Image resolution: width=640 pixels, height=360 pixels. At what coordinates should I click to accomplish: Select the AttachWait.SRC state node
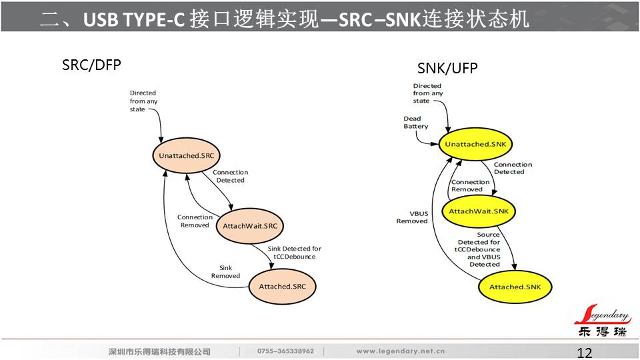249,225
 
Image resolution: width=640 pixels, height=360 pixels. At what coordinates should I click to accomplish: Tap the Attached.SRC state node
282,287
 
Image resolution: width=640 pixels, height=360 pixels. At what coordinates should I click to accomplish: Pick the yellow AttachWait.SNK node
479,211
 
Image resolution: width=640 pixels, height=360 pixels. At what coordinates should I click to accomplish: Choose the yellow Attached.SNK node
515,287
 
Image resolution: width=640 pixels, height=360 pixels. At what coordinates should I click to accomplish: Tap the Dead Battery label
416,123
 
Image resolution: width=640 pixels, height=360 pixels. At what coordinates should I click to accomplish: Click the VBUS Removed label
412,217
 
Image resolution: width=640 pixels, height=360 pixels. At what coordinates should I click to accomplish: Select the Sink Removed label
225,272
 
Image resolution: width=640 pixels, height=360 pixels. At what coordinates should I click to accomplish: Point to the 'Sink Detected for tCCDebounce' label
294,253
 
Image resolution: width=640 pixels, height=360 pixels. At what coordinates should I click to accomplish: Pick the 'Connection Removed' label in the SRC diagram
195,221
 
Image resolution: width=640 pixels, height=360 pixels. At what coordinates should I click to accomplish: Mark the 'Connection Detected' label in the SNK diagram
513,168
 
